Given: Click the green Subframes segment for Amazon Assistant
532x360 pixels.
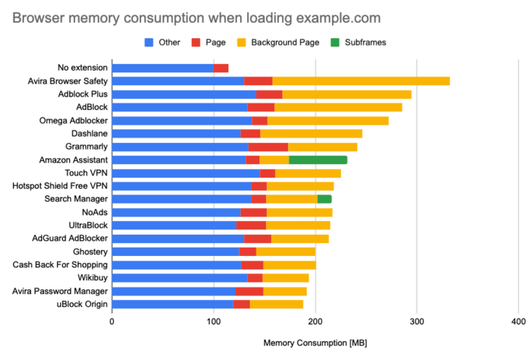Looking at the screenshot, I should pos(318,159).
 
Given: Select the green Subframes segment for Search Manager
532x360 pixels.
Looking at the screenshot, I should pos(324,199).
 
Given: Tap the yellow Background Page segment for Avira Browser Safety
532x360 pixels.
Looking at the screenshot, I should pos(361,81).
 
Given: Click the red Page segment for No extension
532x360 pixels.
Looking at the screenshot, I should pos(221,68).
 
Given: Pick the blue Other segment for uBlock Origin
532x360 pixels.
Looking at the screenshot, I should pos(173,304).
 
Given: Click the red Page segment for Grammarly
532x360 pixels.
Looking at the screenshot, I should pos(268,147).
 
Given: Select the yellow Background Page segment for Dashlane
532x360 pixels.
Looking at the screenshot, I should pos(311,133).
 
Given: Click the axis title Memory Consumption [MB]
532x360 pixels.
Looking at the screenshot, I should pos(315,343).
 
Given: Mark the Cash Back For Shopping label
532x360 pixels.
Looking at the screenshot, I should pos(60,265).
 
